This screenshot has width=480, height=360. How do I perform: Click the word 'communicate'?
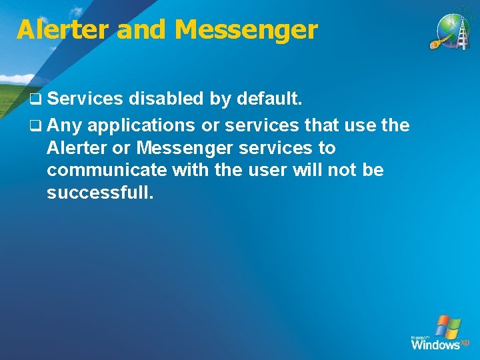107,170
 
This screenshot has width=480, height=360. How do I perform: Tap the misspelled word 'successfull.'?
100,193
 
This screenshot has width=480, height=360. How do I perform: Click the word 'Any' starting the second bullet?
65,125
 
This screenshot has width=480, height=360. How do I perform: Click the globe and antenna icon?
453,31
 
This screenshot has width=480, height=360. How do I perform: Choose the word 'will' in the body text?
305,170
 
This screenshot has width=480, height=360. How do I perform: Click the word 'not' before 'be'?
343,170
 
